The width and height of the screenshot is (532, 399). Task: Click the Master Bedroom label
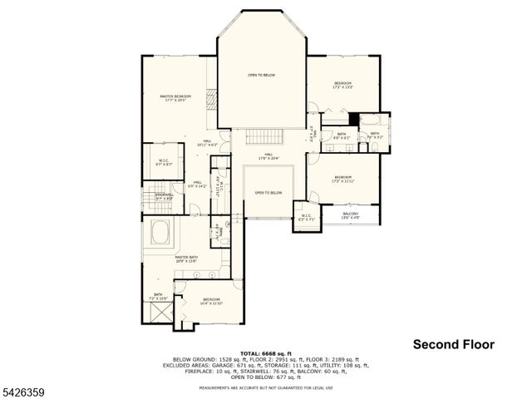175,98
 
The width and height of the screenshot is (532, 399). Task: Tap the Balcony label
351,215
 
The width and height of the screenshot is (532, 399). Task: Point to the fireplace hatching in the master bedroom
210,99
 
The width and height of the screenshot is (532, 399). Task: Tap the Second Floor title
453,344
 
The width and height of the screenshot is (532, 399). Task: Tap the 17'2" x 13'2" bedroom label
343,85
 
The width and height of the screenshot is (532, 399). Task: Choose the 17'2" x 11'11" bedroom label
343,179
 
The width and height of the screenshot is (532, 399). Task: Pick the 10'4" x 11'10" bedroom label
211,301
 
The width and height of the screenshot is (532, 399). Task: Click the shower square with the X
157,314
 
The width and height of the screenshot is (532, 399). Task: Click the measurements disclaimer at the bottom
266,387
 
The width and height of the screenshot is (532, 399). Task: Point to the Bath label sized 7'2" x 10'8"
158,296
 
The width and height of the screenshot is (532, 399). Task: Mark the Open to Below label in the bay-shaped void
261,75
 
